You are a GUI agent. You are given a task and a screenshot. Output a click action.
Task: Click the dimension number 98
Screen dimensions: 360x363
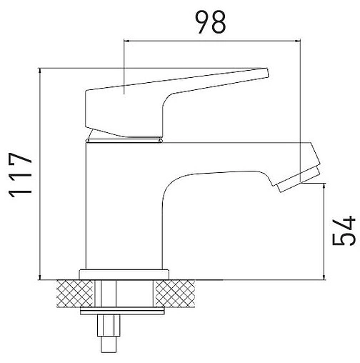[210, 22]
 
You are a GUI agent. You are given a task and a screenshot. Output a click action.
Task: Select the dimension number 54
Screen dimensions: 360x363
[344, 230]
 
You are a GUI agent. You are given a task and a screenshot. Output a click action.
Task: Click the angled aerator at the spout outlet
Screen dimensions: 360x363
[299, 179]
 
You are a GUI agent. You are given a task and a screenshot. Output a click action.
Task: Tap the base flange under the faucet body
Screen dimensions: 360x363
[124, 274]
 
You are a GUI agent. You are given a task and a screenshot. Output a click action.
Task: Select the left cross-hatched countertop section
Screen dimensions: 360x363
[74, 294]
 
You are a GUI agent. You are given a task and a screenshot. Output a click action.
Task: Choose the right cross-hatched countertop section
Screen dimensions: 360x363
[175, 294]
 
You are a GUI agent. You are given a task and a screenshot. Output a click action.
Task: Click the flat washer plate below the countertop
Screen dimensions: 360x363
[122, 311]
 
